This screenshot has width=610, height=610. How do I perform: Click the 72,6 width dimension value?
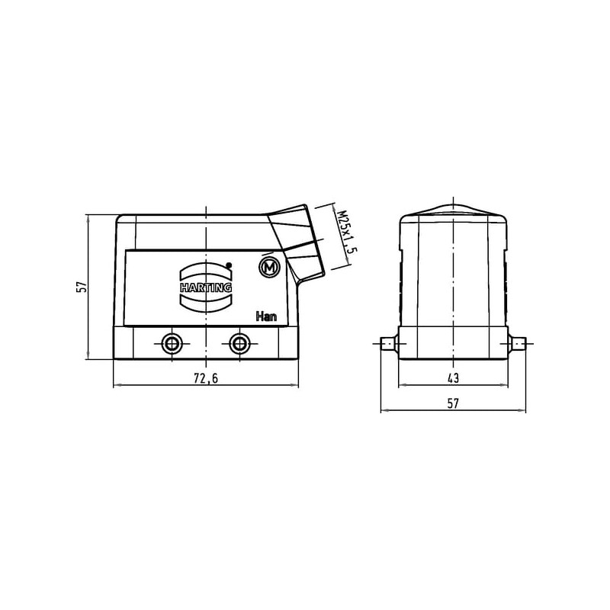[206, 378]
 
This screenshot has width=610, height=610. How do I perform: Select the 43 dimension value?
[453, 377]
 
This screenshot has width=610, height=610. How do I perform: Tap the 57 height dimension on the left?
[82, 287]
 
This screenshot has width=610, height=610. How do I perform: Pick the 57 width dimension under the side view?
[453, 403]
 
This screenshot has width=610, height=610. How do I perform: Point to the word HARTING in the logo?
[206, 287]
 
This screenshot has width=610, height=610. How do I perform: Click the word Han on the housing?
[266, 316]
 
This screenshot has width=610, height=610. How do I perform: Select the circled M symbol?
[269, 268]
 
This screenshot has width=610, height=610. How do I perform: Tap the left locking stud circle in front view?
[172, 344]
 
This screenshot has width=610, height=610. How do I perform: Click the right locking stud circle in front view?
[239, 344]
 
